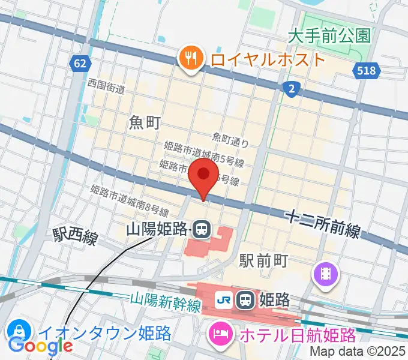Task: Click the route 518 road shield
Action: click(x=367, y=71)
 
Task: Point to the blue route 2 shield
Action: click(x=291, y=89)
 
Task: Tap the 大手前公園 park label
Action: click(x=329, y=36)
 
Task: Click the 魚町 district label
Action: click(x=145, y=123)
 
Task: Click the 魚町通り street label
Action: click(x=230, y=141)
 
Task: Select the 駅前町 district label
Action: click(x=265, y=260)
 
